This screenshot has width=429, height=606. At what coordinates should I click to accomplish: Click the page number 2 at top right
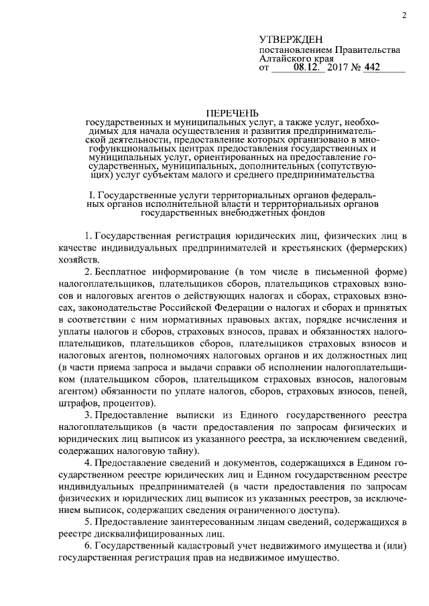pos(406,15)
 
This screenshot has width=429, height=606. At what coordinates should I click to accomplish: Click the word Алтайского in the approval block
pos(284,59)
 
